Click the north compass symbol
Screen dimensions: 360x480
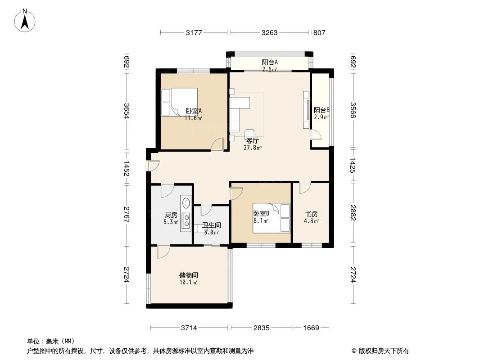point(26,20)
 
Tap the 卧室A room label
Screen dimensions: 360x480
point(194,111)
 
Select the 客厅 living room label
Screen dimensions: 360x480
point(252,140)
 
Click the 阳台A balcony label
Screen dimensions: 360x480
point(270,63)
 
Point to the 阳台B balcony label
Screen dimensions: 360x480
point(322,110)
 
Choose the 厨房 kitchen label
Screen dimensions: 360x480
point(171,215)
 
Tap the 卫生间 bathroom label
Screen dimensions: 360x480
point(211,225)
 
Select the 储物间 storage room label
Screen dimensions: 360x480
point(189,275)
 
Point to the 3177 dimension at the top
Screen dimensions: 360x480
point(195,32)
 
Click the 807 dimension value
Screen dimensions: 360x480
point(319,32)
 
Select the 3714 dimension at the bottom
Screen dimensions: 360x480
point(190,328)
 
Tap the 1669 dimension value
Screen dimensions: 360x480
point(310,328)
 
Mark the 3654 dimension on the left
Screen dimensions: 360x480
point(127,111)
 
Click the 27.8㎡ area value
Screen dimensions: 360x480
point(252,147)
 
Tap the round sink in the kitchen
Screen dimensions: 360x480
point(186,201)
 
